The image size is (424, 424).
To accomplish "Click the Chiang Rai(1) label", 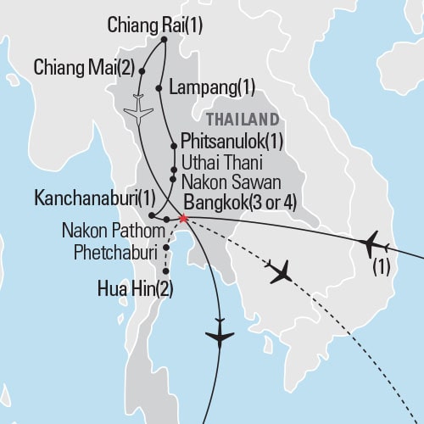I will [155, 25].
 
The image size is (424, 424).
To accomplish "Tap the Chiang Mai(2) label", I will [82, 66].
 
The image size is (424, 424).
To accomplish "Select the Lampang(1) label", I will [211, 86].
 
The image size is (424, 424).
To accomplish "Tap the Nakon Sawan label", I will [224, 179].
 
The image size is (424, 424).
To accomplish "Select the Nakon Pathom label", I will [109, 231].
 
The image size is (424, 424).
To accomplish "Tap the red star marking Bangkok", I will [183, 218].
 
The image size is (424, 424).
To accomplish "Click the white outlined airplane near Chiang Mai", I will [138, 110].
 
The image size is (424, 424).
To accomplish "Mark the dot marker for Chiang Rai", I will [164, 39].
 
